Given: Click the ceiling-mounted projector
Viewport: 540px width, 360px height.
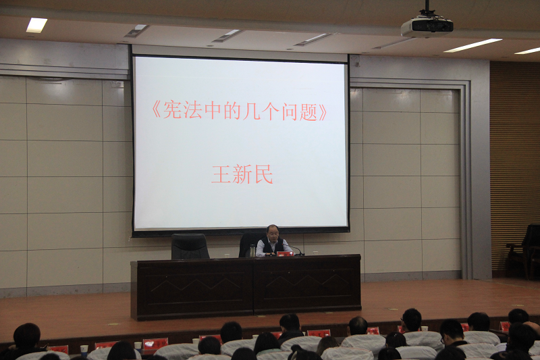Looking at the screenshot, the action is pos(427,25).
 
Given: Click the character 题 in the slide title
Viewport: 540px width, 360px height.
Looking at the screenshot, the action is pos(308,111).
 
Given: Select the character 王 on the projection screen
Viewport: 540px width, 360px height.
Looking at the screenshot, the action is pos(221,175).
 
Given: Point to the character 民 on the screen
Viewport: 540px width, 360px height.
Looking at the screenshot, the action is pos(263,175).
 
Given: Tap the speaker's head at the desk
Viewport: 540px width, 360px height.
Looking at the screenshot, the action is pos(273,232).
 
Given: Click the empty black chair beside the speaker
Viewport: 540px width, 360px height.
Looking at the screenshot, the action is pos(190,247).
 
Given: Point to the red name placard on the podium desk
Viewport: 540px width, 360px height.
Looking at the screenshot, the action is pos(285,254).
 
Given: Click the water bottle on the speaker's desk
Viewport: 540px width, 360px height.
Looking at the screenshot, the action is pos(252,251).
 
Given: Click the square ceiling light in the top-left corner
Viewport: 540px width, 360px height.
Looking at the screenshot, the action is pos(36,25).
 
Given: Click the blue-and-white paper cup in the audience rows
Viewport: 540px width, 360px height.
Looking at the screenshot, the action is pos(84,349).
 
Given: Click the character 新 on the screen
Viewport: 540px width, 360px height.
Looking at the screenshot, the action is pos(242,175).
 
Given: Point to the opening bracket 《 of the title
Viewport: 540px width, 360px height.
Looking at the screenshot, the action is pos(157,111).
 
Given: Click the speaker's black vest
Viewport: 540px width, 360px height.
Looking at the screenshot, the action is pos(272,245).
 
